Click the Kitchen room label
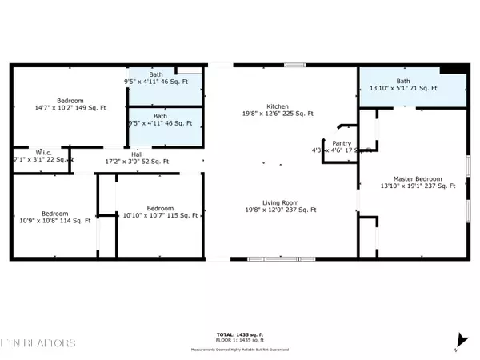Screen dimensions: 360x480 278,106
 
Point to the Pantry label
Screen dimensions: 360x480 342,144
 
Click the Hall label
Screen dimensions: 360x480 138,154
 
